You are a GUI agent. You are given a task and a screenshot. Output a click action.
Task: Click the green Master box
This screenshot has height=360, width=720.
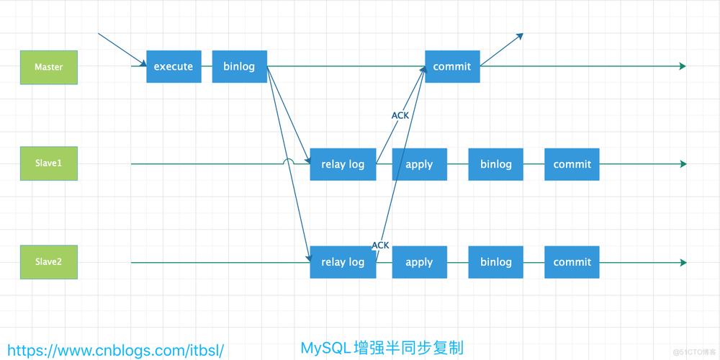(x=49, y=67)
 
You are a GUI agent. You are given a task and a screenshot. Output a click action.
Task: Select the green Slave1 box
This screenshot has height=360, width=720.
(x=49, y=163)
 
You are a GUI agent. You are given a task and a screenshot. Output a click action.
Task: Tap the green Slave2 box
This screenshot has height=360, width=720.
(x=49, y=262)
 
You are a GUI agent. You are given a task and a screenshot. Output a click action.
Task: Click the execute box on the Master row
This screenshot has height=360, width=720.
(x=174, y=67)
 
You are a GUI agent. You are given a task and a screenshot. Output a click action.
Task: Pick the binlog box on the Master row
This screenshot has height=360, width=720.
(x=239, y=67)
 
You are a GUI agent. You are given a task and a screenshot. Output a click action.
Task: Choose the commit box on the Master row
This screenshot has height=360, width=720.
(x=452, y=67)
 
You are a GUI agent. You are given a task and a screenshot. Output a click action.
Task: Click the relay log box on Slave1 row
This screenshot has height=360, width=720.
(x=343, y=164)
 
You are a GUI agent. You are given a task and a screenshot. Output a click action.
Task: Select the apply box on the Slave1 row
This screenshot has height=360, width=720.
(x=419, y=164)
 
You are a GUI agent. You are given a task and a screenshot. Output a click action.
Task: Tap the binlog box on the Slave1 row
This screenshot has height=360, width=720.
(x=496, y=164)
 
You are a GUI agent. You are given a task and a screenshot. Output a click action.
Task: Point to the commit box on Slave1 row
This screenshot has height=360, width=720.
(x=572, y=164)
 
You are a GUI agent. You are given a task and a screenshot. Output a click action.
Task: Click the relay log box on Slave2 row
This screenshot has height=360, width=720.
(x=343, y=262)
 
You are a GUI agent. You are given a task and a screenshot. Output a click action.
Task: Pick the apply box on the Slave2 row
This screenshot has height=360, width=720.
(x=419, y=262)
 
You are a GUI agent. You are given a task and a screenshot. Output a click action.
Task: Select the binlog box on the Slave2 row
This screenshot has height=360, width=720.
(x=496, y=262)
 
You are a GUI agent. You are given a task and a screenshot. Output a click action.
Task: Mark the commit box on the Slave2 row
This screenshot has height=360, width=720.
(x=572, y=262)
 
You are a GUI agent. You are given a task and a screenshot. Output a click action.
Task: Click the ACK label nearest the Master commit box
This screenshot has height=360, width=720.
(x=400, y=115)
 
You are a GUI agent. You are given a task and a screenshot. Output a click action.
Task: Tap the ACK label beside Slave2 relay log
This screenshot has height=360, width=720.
(x=380, y=246)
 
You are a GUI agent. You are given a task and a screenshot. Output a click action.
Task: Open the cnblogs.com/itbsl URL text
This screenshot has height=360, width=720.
(x=115, y=350)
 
